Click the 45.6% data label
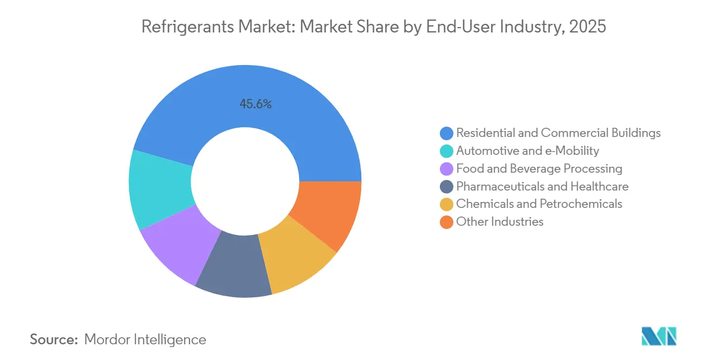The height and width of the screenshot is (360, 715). [x=256, y=104]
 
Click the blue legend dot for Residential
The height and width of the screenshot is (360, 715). [x=446, y=133]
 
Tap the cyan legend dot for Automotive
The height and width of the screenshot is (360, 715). [x=446, y=151]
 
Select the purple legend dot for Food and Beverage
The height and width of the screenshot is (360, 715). [x=446, y=169]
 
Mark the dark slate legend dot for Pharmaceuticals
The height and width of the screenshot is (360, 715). [x=446, y=187]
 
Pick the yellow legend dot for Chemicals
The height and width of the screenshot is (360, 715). [x=446, y=204]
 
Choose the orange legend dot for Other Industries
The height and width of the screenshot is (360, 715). [x=446, y=222]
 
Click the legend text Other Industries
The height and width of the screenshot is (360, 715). [x=499, y=221]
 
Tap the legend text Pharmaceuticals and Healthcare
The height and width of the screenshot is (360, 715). [x=542, y=186]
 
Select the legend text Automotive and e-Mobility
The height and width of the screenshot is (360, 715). [x=528, y=150]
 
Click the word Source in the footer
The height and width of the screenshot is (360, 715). [x=53, y=339]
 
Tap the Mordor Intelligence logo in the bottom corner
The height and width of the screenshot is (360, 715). [x=659, y=336]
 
